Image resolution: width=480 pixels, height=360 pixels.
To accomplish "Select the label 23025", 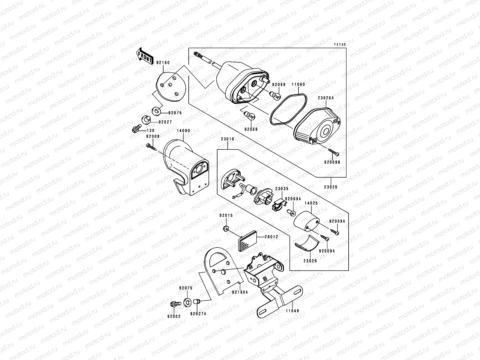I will (x=331, y=187).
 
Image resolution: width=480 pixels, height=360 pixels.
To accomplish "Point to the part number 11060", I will (x=298, y=84).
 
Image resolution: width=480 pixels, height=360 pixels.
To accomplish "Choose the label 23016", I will (x=227, y=139).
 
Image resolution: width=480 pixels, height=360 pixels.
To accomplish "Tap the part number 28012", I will (x=271, y=236).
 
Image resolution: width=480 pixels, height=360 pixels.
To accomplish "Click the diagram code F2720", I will (x=340, y=44).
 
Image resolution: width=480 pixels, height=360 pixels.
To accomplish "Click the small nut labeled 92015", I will (x=226, y=229).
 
